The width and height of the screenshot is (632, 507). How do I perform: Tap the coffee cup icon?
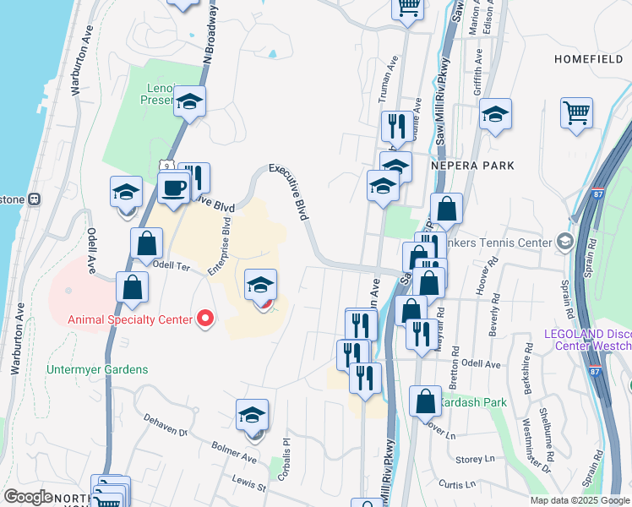174,188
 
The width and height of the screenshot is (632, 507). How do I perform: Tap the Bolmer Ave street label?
237,456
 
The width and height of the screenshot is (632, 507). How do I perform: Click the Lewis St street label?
249,483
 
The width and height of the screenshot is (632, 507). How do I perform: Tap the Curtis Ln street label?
456,484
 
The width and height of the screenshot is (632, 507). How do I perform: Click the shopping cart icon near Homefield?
576,112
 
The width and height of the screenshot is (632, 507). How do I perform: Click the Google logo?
28,497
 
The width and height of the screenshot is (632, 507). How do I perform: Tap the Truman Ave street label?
392,77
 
